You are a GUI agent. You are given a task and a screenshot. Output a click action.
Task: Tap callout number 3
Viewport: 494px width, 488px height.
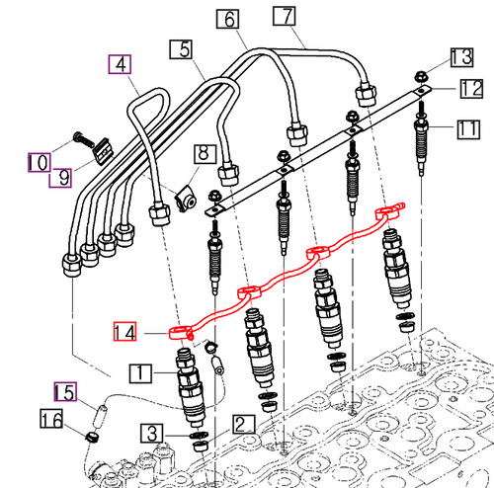(151, 433)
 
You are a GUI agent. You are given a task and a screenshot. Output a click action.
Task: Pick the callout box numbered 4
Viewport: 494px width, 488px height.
(120, 65)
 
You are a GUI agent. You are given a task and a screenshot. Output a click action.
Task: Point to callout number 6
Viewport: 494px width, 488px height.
(226, 19)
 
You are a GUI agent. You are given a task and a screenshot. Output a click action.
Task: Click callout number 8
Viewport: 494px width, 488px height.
(204, 154)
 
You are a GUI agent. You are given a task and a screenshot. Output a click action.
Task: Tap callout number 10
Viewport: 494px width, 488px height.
(38, 161)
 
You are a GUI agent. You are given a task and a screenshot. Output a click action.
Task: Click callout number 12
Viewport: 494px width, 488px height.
(469, 90)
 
